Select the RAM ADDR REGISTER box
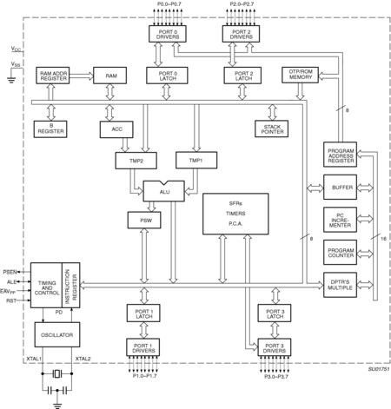point(55,77)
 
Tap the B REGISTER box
point(50,129)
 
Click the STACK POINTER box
point(270,129)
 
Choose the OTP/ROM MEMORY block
point(299,77)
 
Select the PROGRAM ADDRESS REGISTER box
point(339,157)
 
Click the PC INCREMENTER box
point(339,220)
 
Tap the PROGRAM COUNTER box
point(339,252)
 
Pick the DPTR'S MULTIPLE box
point(339,282)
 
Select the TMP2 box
point(129,161)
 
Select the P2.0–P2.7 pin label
point(242,6)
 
